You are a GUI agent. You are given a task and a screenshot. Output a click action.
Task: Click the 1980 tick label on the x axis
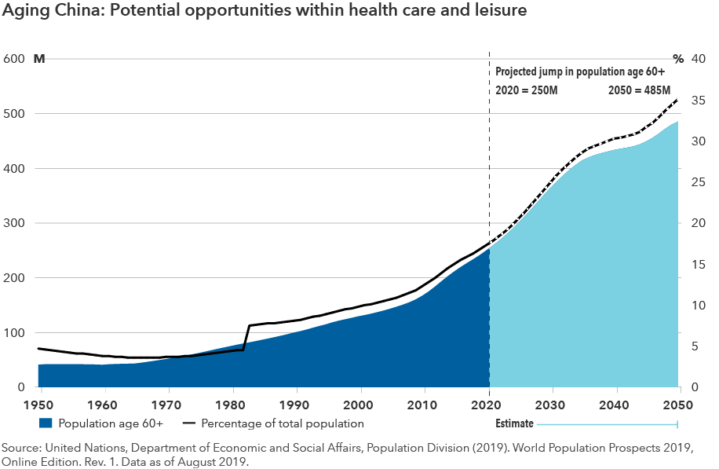point(232,405)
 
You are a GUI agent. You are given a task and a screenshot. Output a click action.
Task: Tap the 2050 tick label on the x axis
point(677,405)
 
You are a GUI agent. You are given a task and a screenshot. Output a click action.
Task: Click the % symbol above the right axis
point(679,59)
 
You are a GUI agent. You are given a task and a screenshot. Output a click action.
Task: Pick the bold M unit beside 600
point(38,59)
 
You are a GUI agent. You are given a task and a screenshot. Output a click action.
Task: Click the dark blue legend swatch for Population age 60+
point(46,423)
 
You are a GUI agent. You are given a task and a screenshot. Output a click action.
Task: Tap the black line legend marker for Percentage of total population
point(188,423)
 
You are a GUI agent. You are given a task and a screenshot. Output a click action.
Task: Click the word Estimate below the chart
point(514,424)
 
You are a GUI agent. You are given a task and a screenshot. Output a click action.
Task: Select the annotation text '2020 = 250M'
point(527,90)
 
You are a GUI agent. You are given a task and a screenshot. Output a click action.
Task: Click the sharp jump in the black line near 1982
point(246,338)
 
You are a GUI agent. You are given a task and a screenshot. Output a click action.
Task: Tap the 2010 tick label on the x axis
point(425,405)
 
